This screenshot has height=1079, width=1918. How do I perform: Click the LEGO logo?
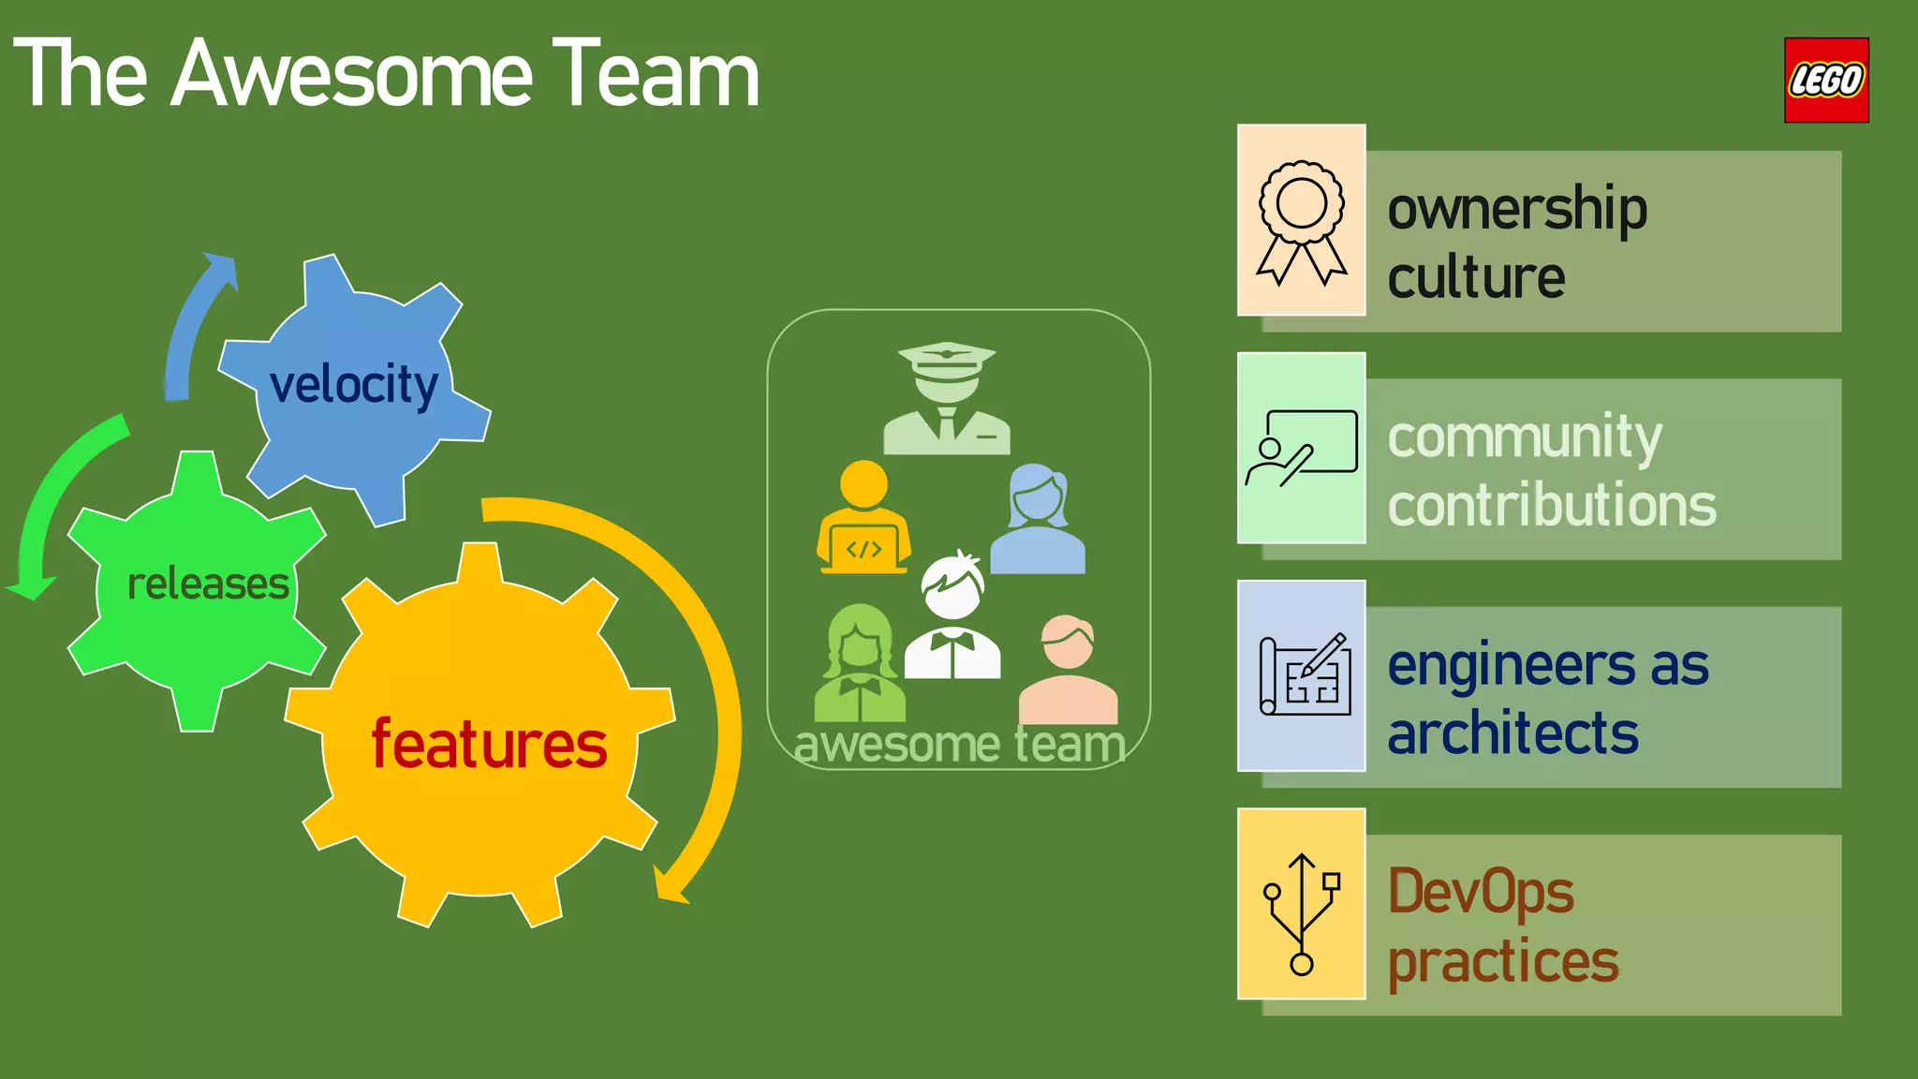(1825, 80)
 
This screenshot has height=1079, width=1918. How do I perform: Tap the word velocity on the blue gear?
(353, 385)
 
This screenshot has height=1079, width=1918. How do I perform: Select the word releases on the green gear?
(208, 584)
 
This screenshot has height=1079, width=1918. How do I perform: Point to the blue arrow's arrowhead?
(222, 267)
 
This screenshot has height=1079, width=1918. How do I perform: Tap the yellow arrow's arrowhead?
(669, 885)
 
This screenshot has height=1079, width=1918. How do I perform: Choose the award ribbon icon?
(1301, 221)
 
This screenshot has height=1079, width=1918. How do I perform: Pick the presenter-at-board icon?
(1301, 448)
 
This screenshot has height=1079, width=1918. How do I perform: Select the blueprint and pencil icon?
(1305, 675)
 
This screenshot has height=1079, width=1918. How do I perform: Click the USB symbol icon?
(1302, 911)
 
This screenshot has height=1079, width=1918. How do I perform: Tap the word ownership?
(1516, 209)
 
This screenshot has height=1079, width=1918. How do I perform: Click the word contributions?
(1551, 506)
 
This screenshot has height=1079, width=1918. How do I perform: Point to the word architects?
(1512, 733)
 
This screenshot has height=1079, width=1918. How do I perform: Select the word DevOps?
(1480, 893)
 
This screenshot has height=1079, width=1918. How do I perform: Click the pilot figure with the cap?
(947, 399)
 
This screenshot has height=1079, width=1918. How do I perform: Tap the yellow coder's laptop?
(863, 550)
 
